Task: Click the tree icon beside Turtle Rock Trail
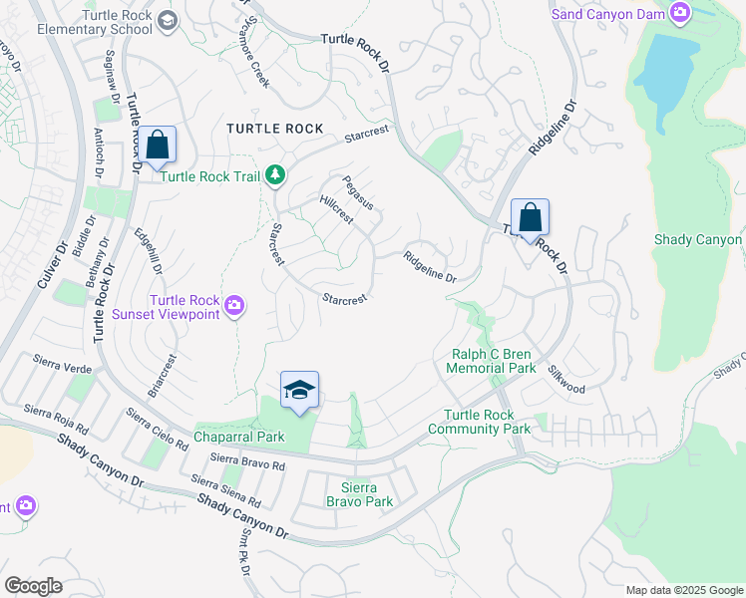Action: (x=276, y=176)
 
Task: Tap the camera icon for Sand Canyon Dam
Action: (x=681, y=14)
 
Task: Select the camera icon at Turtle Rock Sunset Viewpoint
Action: (x=234, y=305)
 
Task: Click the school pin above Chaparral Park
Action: (x=299, y=390)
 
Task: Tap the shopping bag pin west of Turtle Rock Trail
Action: (x=158, y=146)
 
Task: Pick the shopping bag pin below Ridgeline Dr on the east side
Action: (x=531, y=217)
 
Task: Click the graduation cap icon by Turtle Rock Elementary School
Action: (x=168, y=20)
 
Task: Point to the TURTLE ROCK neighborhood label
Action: (x=274, y=129)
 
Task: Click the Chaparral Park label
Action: (x=239, y=437)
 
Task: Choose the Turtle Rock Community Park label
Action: (x=479, y=422)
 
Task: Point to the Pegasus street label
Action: (x=357, y=192)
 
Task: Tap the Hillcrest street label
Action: (x=336, y=210)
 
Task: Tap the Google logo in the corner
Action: (x=33, y=585)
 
